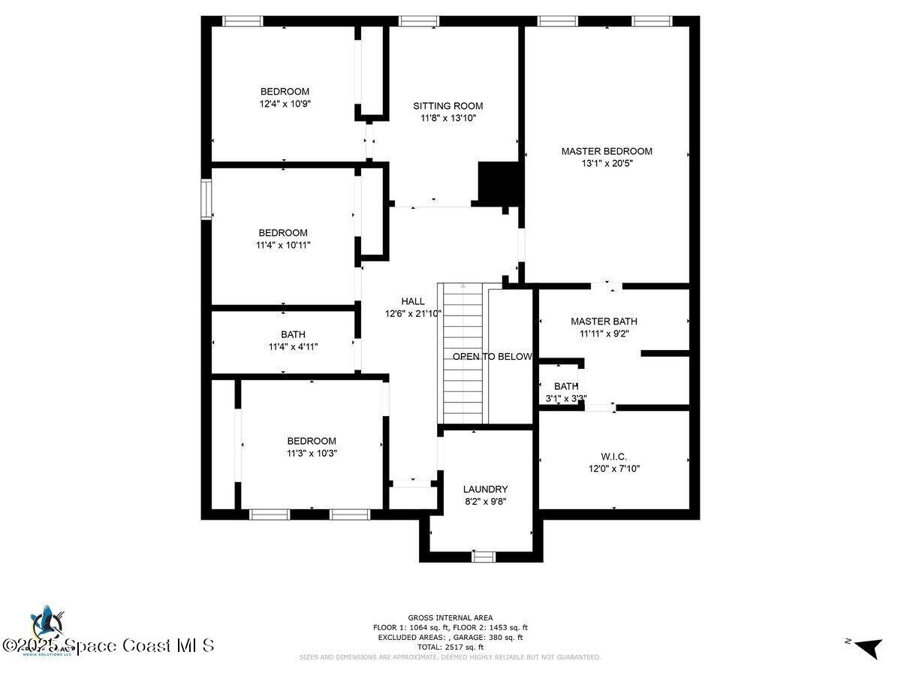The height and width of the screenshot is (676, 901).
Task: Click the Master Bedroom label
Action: pos(607,151)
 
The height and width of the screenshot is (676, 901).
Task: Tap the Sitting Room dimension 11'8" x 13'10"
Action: pos(447,118)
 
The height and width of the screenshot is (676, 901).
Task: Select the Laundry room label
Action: pos(485,489)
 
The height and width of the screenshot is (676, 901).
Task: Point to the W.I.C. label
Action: pos(613,457)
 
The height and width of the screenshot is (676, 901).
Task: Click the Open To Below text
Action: pos(492,357)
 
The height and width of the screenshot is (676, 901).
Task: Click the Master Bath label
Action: pos(603,321)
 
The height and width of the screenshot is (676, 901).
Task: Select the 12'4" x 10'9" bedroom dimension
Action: pos(285,104)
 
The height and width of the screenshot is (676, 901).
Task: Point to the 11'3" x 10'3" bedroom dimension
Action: pos(311,453)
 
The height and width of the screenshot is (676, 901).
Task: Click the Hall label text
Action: pos(412,301)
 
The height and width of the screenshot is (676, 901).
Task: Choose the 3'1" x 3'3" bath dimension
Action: pos(566,399)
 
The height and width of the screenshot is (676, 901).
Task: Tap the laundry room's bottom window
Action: pos(483,557)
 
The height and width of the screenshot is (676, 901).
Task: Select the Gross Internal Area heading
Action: pos(450,617)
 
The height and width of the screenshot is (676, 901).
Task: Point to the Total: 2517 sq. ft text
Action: pos(450,647)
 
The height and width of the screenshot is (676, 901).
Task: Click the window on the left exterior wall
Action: pos(205,199)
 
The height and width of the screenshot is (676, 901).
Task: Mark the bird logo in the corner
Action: pos(47,622)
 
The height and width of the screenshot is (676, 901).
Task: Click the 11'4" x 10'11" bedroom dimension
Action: pos(283,245)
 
